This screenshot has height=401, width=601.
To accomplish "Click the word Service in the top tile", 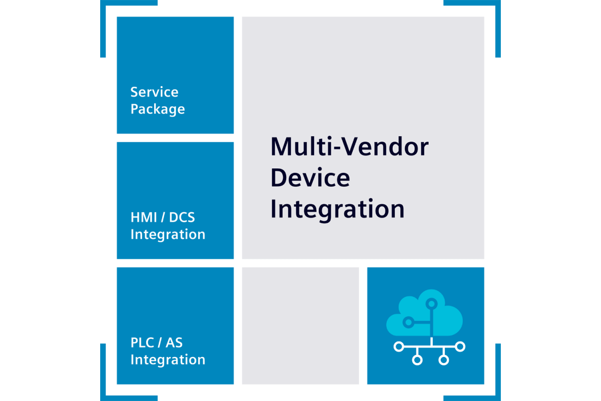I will click(x=154, y=92).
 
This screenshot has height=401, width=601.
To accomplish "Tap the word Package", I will click(x=157, y=109).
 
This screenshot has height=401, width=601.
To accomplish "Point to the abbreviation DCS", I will click(x=182, y=218).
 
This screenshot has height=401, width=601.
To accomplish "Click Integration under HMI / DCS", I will click(x=168, y=235).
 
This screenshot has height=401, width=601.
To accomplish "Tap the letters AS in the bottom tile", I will click(x=173, y=343).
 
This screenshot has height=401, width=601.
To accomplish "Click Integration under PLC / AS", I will click(x=168, y=360).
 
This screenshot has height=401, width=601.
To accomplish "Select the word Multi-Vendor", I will click(x=350, y=147).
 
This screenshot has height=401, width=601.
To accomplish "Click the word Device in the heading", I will click(x=310, y=178).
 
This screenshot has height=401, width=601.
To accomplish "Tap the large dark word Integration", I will click(x=338, y=209).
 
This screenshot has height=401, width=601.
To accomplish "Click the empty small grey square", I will click(x=300, y=326).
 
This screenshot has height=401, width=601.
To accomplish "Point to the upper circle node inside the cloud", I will click(x=431, y=303).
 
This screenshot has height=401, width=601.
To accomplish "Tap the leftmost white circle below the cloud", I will click(x=399, y=346).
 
